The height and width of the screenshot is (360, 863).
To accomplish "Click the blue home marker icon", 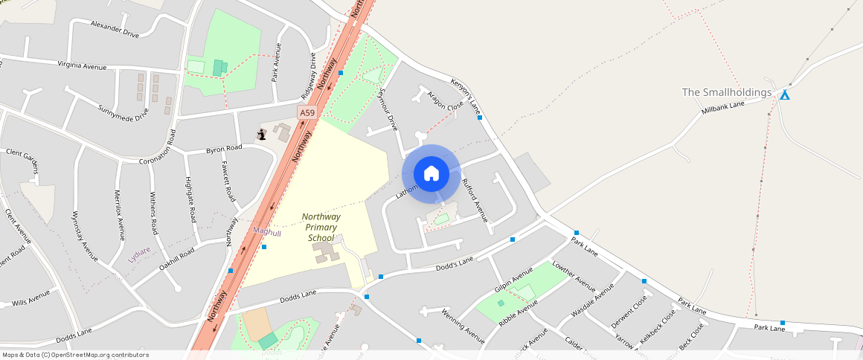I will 431,174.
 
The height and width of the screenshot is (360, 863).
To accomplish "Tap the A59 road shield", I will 307,113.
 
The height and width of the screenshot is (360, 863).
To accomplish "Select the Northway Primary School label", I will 321,227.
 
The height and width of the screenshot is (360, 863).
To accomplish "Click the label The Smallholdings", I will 727,92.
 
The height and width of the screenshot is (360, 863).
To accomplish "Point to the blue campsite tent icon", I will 784,94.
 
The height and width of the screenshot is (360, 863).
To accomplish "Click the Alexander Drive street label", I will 115,29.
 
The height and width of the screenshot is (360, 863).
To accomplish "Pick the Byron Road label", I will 224,149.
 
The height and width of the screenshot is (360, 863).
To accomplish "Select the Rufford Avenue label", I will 474,200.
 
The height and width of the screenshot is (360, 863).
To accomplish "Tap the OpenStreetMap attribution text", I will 74,355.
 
